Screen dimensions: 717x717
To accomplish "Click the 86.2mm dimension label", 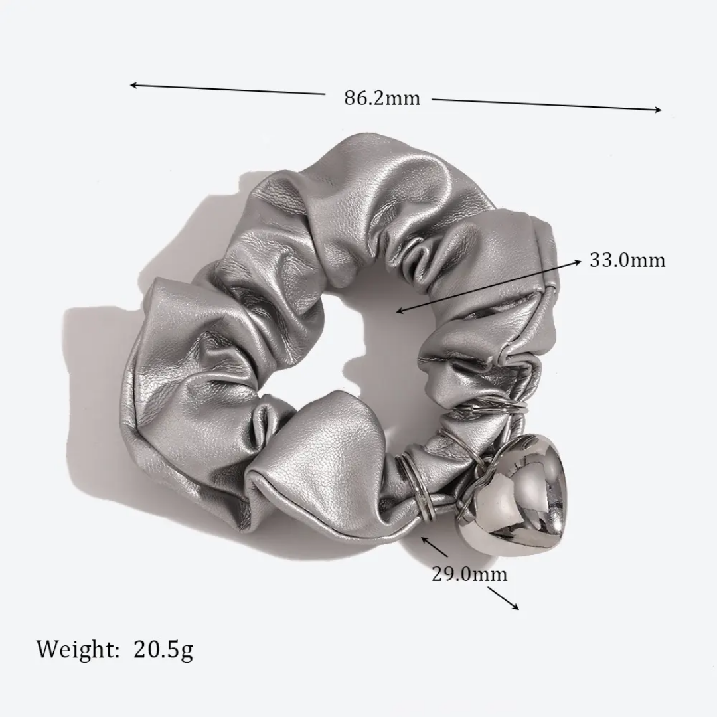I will pos(382,98).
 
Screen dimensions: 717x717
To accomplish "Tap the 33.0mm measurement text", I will pos(627,260).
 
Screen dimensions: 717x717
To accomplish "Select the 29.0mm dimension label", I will pos(469,574).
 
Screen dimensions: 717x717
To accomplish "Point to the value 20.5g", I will pos(163,649).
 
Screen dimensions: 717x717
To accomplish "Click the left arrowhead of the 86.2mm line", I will pos(132,85).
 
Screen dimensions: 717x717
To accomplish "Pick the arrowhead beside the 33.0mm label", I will pos(578,262).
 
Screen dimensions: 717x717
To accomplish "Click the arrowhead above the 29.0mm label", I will pos(424,539).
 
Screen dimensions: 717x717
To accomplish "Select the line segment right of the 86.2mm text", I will pos(544,105).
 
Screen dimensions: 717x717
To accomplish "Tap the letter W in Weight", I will pos(48,649).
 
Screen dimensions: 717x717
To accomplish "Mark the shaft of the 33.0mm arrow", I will pos(488,286).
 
